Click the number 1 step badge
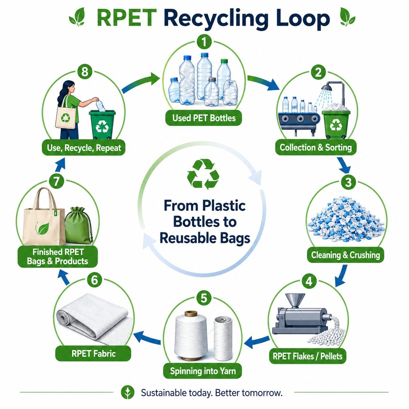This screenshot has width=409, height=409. click(204, 42)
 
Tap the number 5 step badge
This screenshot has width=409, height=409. click(204, 298)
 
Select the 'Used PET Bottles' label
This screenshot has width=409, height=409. click(204, 118)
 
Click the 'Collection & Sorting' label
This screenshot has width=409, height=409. click(316, 147)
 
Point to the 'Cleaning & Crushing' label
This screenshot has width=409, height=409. click(345, 255)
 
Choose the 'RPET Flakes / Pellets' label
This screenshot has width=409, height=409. click(308, 356)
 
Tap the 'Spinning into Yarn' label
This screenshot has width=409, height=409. click(203, 371)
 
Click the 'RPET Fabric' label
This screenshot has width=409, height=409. click(93, 354)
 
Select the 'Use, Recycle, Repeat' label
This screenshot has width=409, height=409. click(84, 148)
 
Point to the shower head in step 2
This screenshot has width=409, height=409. click(326, 87)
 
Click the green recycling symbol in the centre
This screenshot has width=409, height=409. click(203, 174)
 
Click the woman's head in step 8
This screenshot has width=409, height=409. click(69, 87)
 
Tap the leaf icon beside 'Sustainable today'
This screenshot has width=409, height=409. click(128, 392)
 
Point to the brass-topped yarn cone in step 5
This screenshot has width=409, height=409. click(191, 336)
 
